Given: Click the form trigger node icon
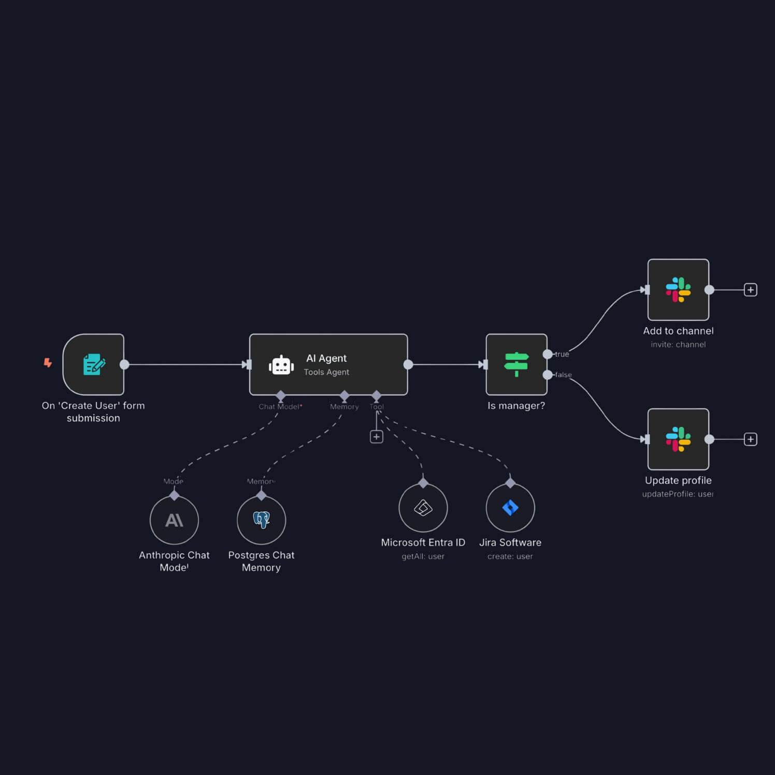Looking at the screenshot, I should pyautogui.click(x=94, y=364).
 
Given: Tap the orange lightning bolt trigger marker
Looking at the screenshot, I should pyautogui.click(x=48, y=363).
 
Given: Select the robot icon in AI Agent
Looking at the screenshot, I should pyautogui.click(x=281, y=365).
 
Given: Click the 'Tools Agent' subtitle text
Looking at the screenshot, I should pyautogui.click(x=326, y=372).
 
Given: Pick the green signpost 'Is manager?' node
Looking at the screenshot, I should pyautogui.click(x=516, y=364).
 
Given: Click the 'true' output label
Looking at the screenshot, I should pyautogui.click(x=562, y=354).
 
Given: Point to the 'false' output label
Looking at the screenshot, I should pyautogui.click(x=564, y=375).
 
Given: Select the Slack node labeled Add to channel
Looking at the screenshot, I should pyautogui.click(x=678, y=290).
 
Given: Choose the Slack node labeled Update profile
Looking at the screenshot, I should pyautogui.click(x=678, y=439).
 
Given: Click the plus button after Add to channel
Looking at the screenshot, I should pyautogui.click(x=750, y=290).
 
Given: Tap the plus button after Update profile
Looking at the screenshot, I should pyautogui.click(x=750, y=439).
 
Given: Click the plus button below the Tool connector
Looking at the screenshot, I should pyautogui.click(x=377, y=437).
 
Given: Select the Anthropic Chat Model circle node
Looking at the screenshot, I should pyautogui.click(x=174, y=520).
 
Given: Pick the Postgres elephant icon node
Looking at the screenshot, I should pyautogui.click(x=261, y=520).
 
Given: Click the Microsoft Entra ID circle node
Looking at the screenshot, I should pyautogui.click(x=423, y=508).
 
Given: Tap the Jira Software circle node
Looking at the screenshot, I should pyautogui.click(x=510, y=508).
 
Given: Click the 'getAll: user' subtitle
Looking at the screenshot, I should pyautogui.click(x=423, y=556).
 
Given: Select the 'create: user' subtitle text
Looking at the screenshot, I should pyautogui.click(x=510, y=556).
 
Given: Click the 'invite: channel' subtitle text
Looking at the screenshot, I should pyautogui.click(x=678, y=345).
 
